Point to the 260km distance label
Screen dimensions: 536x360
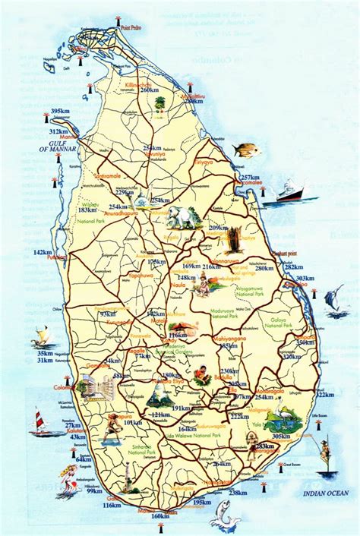point(150,90)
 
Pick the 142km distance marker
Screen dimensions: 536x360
point(43,252)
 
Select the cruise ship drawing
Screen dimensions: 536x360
point(292,191)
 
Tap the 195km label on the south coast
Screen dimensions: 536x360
point(202,502)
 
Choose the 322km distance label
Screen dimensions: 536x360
point(325,394)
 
